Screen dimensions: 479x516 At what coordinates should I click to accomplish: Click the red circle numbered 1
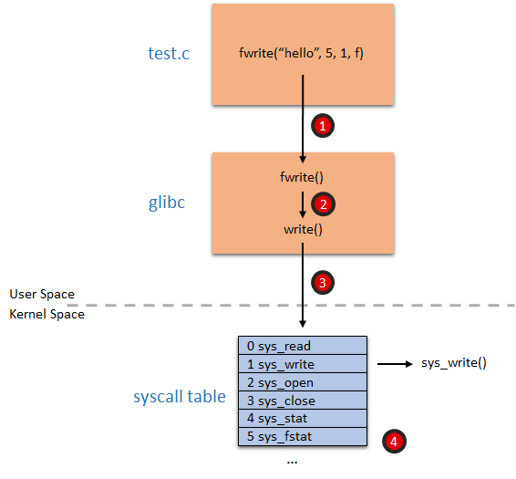[x=321, y=125]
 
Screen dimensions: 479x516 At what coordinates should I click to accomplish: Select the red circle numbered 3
[x=321, y=282]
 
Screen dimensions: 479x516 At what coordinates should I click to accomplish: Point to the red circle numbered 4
[x=392, y=441]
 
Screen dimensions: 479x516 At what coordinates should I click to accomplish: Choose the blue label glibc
[x=167, y=203]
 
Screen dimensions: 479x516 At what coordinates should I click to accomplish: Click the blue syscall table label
[x=180, y=397]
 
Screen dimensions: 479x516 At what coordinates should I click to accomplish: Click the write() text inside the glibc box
[x=303, y=229]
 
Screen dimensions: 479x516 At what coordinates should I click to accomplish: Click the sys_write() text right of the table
[x=453, y=363]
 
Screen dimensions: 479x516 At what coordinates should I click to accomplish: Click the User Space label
[x=42, y=295]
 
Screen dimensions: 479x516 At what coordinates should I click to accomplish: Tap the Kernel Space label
[x=46, y=315]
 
